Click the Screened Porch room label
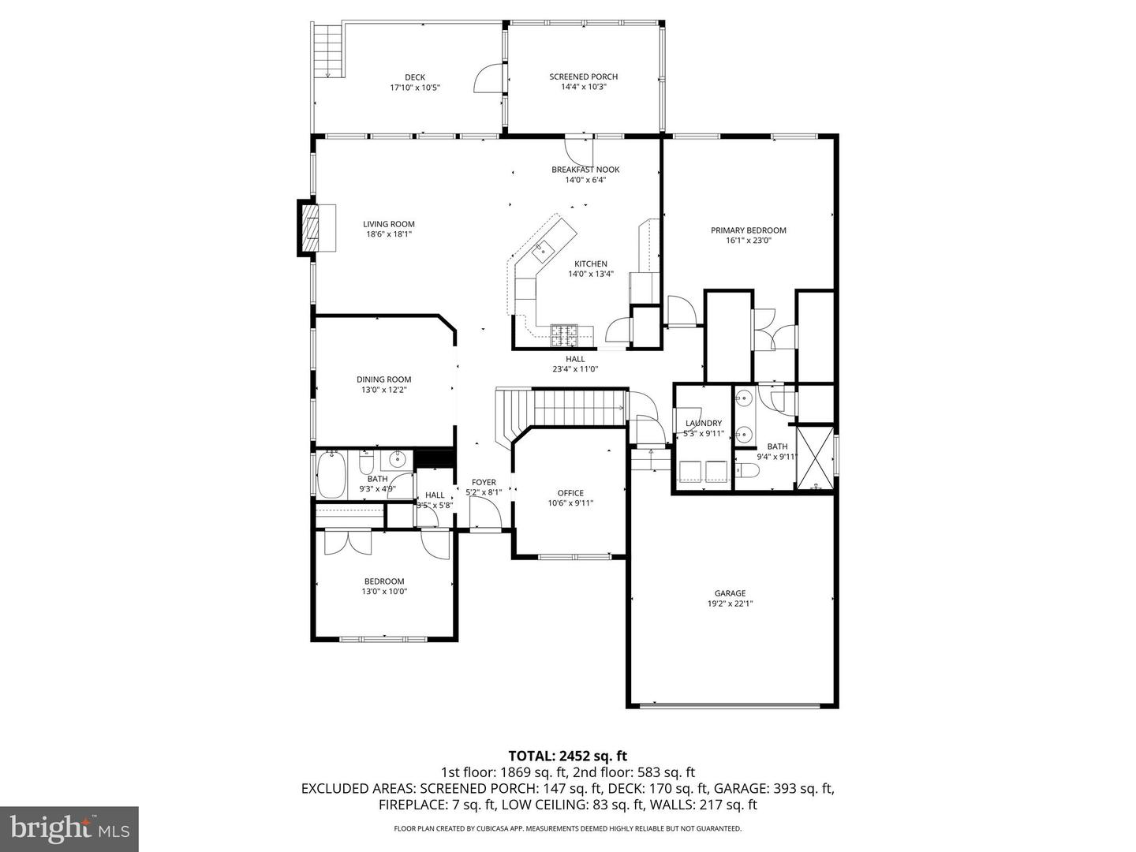[583, 77]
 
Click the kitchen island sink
[542, 252]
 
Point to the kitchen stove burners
[564, 335]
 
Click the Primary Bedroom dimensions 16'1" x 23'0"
[748, 241]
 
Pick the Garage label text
[730, 593]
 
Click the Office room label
[570, 493]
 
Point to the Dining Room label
[383, 379]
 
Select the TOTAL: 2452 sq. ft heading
[567, 757]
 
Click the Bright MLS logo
[69, 828]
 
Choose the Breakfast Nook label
[585, 170]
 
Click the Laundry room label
[703, 423]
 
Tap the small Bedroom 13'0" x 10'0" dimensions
[384, 592]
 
